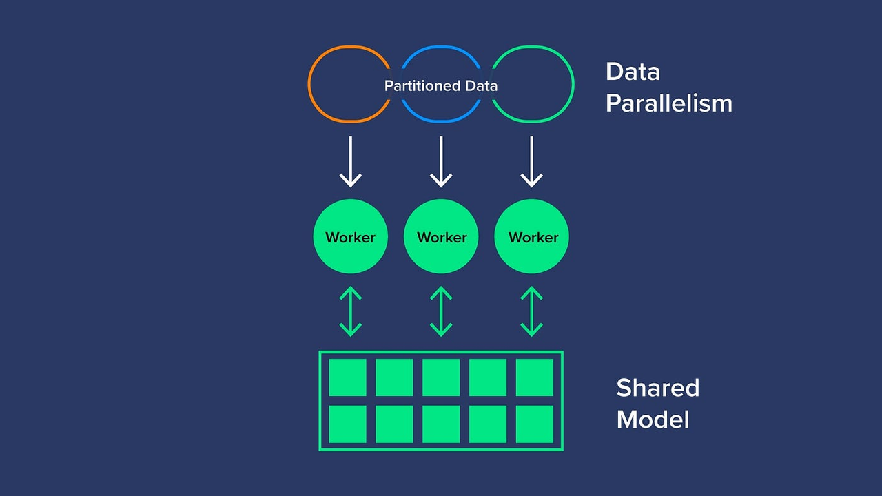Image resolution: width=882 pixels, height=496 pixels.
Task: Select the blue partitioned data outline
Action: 441,48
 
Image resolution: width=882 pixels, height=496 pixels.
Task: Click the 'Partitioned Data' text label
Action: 441,86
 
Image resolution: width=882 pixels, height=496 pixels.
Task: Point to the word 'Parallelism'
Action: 668,103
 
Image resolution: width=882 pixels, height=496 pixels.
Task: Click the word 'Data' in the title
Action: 633,72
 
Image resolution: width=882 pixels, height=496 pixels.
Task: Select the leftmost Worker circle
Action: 350,236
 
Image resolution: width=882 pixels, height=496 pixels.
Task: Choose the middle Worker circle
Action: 441,236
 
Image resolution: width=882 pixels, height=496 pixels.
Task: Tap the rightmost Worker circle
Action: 532,236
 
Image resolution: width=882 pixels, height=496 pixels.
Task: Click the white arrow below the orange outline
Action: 351,162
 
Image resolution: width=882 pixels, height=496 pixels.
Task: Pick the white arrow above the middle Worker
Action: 441,162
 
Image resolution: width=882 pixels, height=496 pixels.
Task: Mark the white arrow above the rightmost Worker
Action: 531,162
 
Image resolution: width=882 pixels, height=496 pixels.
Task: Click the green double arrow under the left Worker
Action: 351,311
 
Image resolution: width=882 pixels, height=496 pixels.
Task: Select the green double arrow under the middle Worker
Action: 441,311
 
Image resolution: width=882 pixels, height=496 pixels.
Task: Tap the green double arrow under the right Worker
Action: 531,311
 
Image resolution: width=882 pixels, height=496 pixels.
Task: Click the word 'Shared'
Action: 657,388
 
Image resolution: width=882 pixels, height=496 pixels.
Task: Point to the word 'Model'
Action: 653,420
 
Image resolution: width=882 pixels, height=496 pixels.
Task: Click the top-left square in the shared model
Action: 347,378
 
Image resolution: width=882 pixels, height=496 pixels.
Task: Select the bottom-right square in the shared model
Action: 535,424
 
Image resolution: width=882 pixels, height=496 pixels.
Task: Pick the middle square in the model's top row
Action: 441,378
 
